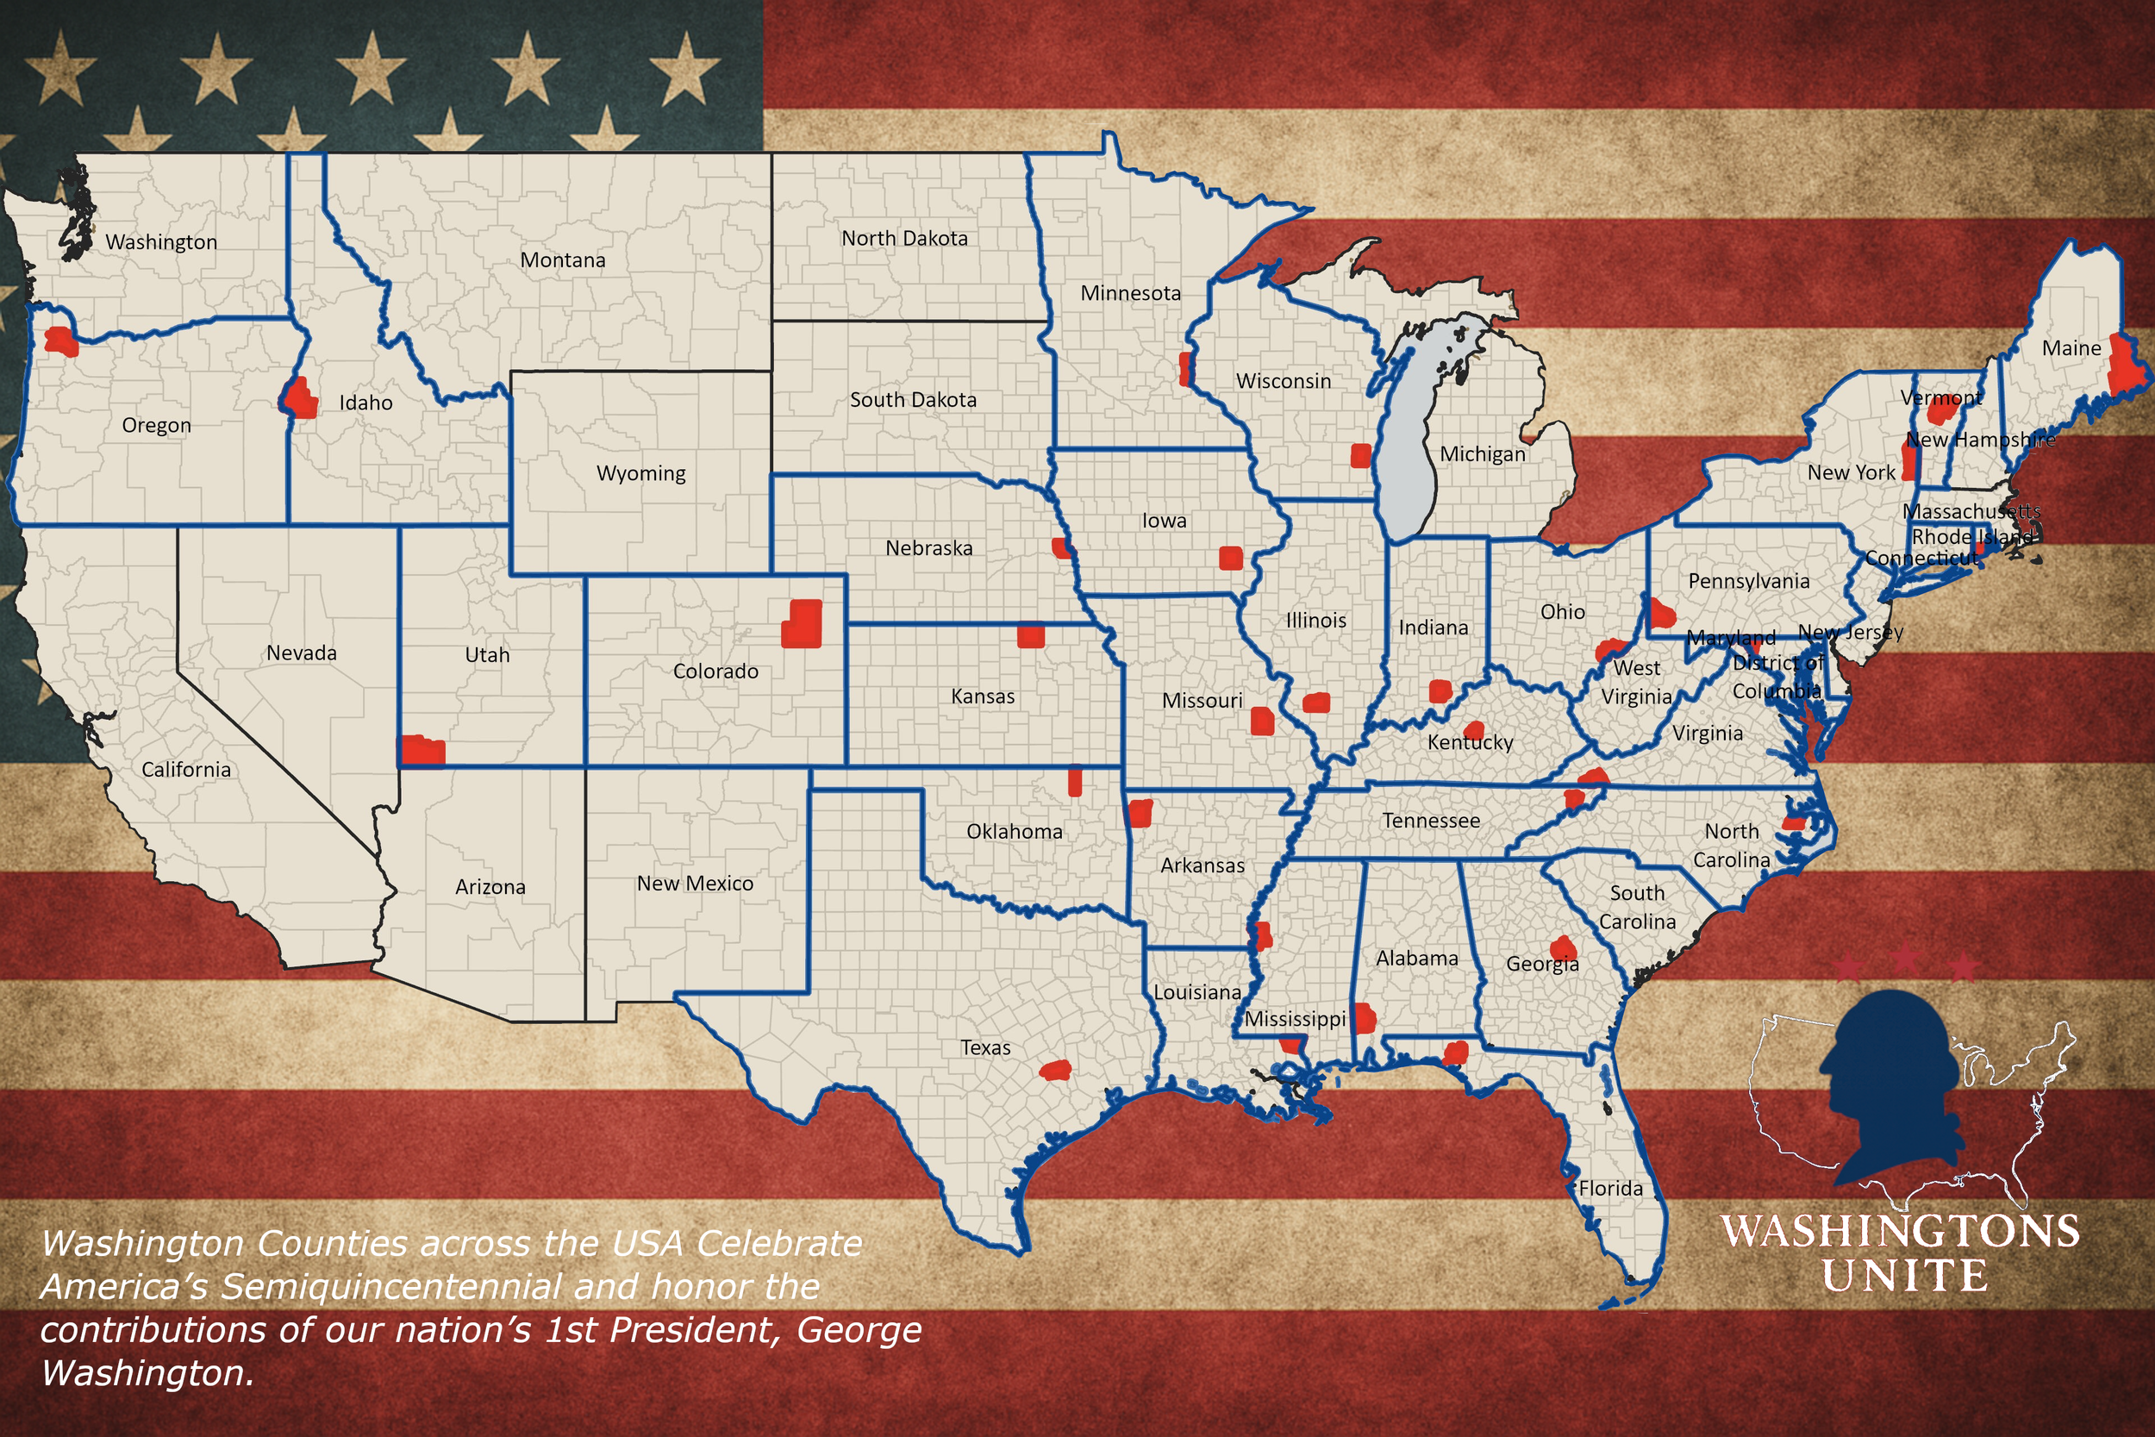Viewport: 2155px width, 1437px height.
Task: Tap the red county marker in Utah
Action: tap(422, 750)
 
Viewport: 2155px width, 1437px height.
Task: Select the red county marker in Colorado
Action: tap(802, 624)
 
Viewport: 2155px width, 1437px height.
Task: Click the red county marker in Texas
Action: tap(1055, 1070)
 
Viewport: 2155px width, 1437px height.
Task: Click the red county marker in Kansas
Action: tap(1031, 635)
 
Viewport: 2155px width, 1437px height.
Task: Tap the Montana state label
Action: tap(563, 260)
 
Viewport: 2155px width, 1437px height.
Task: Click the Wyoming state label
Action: tap(640, 474)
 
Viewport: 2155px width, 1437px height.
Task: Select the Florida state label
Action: tap(1610, 1189)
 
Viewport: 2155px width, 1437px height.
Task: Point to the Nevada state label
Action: tap(302, 653)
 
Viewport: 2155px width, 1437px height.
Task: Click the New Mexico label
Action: tap(695, 884)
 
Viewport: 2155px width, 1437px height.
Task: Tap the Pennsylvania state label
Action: tap(1748, 581)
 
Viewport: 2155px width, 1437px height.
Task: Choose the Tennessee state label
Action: tap(1430, 821)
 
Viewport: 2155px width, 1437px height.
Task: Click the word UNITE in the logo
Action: tap(1904, 1276)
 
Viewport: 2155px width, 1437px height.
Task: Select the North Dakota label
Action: tap(904, 238)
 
